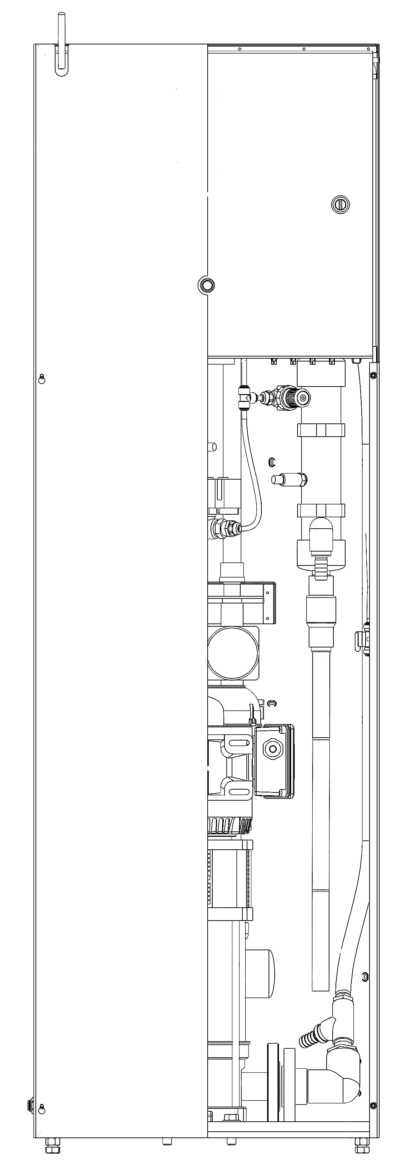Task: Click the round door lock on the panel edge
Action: click(x=206, y=285)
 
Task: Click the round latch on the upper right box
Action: click(x=340, y=204)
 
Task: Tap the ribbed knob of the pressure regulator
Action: click(x=289, y=397)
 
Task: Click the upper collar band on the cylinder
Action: click(x=321, y=429)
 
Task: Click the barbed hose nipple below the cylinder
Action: click(x=321, y=565)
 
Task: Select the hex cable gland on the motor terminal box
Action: click(x=273, y=748)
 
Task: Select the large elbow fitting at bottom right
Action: click(x=344, y=1079)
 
